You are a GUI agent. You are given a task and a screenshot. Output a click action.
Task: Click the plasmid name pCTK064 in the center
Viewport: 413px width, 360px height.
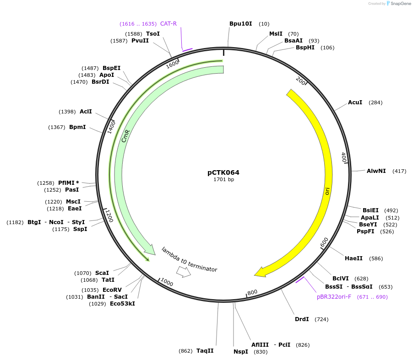click(223, 172)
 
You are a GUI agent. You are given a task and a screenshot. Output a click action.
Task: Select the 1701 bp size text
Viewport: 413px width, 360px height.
click(223, 180)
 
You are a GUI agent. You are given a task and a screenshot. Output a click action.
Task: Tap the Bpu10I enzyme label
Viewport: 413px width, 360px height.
click(240, 23)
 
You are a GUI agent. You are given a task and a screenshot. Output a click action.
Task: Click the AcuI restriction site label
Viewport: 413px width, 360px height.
click(355, 102)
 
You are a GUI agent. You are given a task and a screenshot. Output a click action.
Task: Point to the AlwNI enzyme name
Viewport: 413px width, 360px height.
click(376, 171)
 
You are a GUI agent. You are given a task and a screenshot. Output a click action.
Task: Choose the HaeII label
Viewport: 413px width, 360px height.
click(353, 258)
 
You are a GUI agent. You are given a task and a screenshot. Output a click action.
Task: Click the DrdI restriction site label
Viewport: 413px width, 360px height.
click(302, 319)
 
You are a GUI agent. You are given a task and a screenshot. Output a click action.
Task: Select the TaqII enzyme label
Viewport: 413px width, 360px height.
click(205, 351)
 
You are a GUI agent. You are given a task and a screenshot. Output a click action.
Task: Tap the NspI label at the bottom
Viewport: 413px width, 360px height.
click(240, 352)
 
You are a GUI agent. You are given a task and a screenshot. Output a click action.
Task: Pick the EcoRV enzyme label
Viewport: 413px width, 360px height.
click(112, 290)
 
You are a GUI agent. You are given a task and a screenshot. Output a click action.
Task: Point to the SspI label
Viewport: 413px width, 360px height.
click(80, 229)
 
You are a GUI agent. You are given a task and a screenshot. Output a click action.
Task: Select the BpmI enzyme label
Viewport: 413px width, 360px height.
click(77, 127)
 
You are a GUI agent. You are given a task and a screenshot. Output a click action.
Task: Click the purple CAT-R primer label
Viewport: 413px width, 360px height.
click(168, 24)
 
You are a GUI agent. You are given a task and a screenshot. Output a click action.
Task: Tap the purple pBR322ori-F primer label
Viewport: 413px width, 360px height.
click(334, 297)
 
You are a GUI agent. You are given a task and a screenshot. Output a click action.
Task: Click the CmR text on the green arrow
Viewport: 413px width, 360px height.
click(125, 136)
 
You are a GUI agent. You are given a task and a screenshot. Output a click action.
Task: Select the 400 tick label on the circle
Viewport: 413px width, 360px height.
click(344, 158)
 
